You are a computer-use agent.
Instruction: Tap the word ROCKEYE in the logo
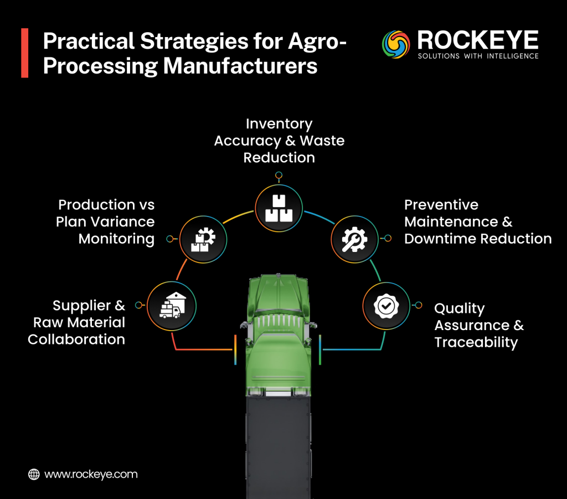pos(477,40)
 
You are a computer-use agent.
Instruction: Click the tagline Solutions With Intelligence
pos(477,56)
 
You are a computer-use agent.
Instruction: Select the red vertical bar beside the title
pos(24,54)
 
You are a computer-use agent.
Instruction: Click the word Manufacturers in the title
pos(240,66)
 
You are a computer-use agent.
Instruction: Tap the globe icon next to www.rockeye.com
pos(34,474)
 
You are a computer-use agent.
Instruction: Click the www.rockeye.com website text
pos(91,474)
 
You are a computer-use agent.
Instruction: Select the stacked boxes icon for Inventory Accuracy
pos(279,208)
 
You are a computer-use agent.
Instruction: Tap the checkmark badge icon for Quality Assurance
pos(386,305)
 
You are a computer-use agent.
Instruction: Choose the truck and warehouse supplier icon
pos(172,305)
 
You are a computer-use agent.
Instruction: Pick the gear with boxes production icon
pos(203,239)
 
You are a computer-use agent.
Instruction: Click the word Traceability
pos(476,342)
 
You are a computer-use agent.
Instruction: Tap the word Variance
pos(128,222)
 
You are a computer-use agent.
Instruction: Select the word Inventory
pos(279,124)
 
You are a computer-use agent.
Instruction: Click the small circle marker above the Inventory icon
pos(279,174)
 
